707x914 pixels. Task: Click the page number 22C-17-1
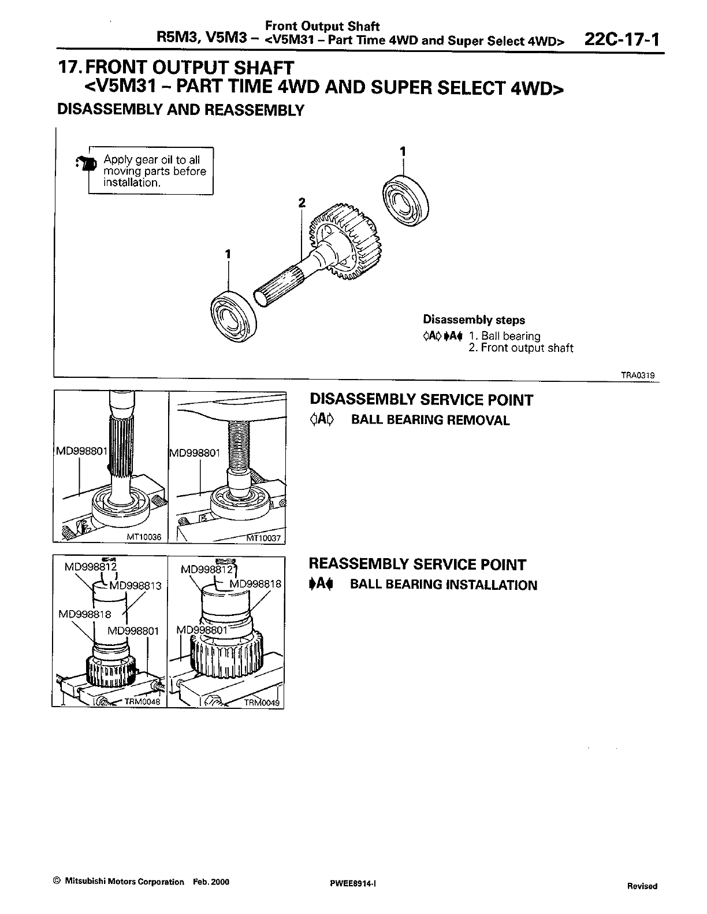[x=622, y=40]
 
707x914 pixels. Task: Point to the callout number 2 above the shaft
[x=301, y=202]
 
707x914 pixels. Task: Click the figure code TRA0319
[x=638, y=375]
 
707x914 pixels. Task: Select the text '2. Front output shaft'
[x=520, y=348]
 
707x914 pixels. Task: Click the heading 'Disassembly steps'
[x=474, y=319]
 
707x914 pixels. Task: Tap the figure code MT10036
[x=144, y=537]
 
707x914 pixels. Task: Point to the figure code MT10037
[x=263, y=538]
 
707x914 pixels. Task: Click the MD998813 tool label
[x=135, y=585]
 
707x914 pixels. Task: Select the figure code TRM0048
[x=137, y=703]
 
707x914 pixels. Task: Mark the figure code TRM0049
[x=262, y=703]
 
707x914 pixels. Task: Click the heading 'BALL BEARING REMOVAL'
[x=430, y=421]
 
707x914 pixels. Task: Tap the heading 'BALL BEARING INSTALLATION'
[x=444, y=585]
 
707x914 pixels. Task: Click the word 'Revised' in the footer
[x=642, y=886]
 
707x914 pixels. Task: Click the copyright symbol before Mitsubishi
[x=56, y=882]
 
